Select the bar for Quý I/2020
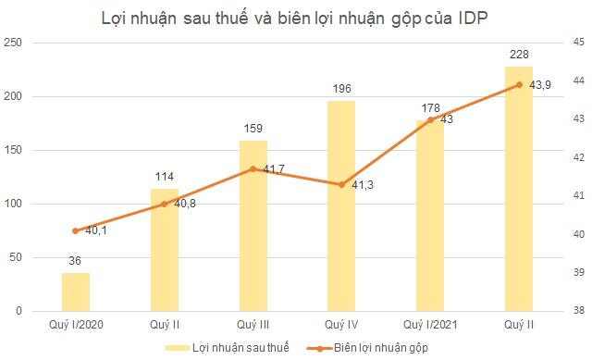76,292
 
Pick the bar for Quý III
253,227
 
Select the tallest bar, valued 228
519,190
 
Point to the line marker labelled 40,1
76,230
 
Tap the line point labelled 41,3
341,184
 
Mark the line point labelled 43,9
519,84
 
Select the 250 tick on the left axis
15,43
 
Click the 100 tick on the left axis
15,204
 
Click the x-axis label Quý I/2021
430,324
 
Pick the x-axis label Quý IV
341,324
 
